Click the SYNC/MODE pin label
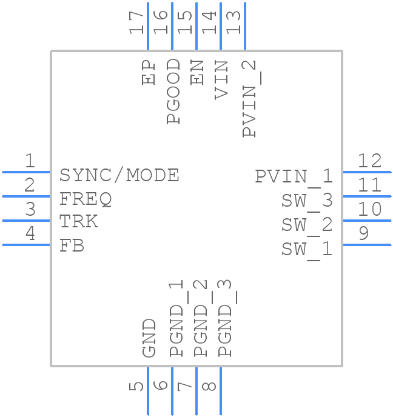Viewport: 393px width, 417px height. pos(119,175)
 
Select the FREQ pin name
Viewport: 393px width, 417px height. pos(86,199)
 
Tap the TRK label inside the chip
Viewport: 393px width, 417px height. pos(78,222)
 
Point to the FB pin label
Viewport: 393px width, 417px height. pos(72,245)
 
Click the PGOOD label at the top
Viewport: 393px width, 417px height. pos(173,91)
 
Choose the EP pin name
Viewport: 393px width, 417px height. pos(149,72)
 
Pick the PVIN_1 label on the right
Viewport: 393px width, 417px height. pos(294,176)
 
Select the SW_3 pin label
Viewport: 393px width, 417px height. pos(307,201)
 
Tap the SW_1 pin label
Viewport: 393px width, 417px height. pos(307,249)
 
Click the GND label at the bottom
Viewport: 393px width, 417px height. pos(149,338)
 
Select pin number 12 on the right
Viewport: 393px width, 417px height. pos(369,161)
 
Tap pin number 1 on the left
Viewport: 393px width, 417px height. pos(29,161)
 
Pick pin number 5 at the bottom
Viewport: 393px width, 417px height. pos(138,385)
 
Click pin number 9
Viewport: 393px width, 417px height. pos(363,233)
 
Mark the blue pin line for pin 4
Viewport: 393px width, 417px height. pos(26,245)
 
